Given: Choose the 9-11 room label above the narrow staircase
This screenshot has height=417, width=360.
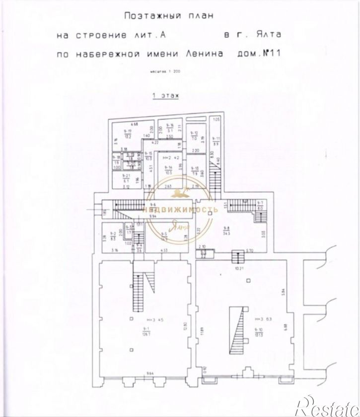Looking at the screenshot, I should tap(216, 140).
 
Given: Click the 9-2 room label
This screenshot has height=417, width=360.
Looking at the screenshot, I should tap(113, 235).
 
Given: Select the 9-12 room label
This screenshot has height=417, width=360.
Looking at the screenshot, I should tap(195, 135).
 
